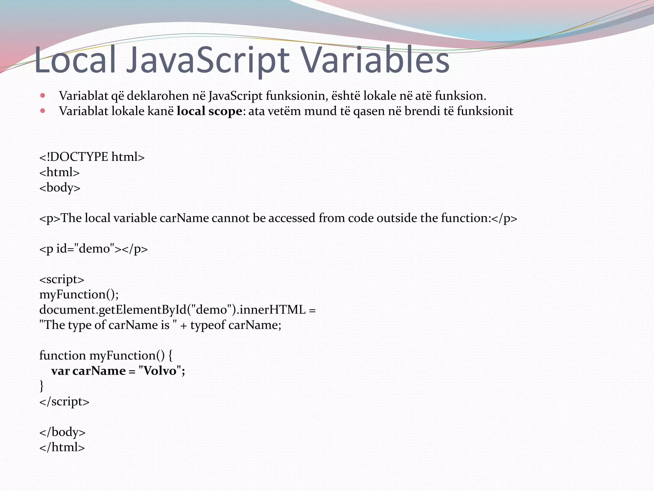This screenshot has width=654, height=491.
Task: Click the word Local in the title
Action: (x=75, y=60)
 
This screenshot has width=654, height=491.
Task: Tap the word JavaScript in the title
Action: (x=208, y=60)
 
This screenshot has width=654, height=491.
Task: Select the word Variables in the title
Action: (x=375, y=60)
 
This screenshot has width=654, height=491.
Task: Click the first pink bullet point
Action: (x=43, y=95)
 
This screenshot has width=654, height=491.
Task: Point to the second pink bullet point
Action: (x=43, y=111)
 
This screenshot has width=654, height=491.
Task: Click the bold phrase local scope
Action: (x=209, y=111)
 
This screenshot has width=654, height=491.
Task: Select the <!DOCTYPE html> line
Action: (x=92, y=157)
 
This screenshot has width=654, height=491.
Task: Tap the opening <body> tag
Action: (x=60, y=188)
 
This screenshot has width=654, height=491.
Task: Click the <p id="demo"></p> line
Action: (x=94, y=249)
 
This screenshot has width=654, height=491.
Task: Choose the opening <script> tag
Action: (x=62, y=279)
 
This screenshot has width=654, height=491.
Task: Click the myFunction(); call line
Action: (x=79, y=294)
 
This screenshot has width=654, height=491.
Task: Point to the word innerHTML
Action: (x=272, y=310)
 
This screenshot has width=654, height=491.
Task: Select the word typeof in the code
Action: (x=208, y=325)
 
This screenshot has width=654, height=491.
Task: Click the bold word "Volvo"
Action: (x=160, y=371)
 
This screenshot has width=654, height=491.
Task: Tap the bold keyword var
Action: (x=60, y=371)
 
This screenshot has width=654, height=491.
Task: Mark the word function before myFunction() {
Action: (x=63, y=355)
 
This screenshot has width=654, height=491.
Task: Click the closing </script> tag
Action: (x=64, y=401)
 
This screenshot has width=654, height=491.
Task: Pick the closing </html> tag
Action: (x=62, y=447)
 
